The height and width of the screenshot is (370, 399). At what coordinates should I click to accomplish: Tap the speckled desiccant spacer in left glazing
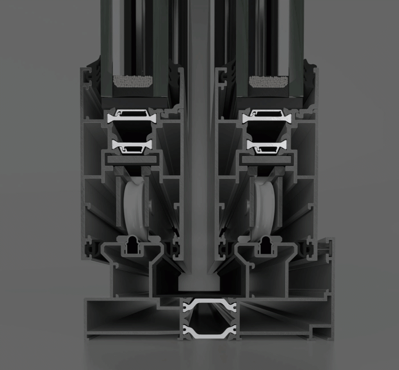133,81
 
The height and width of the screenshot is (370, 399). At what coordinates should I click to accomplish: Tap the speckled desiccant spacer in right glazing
268,81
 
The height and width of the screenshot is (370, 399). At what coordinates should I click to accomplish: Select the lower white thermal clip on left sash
130,146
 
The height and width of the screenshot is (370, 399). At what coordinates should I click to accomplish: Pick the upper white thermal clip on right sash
267,117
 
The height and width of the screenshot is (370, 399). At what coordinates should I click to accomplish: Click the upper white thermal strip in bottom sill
209,302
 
